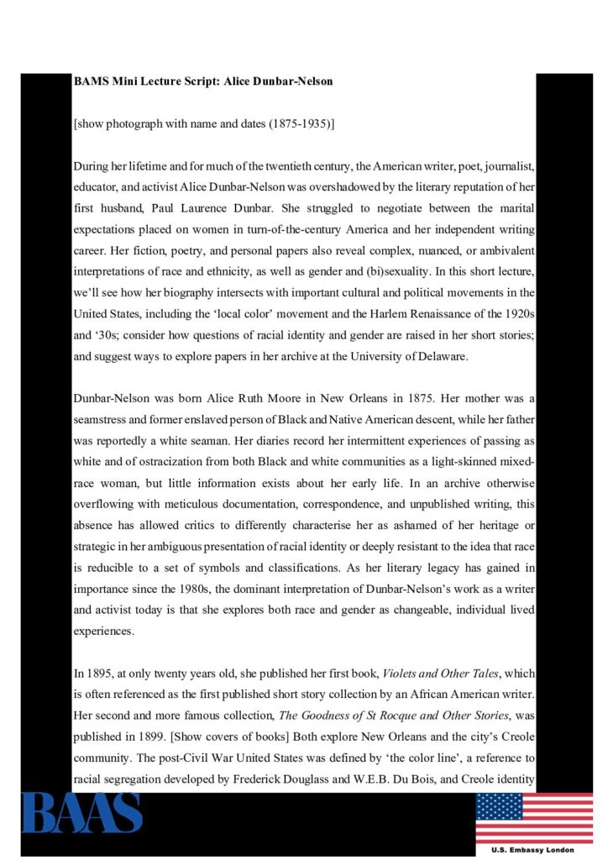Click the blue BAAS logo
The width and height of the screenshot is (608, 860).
pos(81,812)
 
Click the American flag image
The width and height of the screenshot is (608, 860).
pos(533,817)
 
